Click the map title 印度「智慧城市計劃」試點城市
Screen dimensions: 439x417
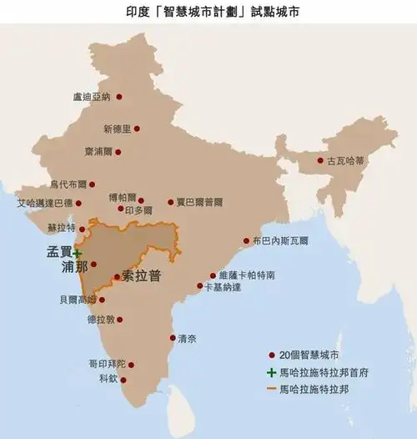[208, 12]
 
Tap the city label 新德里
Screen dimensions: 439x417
[117, 129]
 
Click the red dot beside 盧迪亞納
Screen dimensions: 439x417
[118, 97]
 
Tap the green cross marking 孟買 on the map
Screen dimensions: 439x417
[76, 252]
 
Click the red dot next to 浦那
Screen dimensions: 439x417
[93, 265]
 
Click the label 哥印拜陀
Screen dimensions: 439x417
[107, 365]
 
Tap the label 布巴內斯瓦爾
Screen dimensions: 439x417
[280, 240]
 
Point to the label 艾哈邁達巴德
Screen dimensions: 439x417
[44, 203]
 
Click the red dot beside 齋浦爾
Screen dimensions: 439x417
[118, 153]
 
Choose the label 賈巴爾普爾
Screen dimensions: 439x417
[198, 202]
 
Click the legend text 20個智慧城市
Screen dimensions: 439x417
[311, 354]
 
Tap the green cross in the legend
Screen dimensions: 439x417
[271, 371]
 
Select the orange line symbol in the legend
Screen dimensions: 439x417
[271, 388]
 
